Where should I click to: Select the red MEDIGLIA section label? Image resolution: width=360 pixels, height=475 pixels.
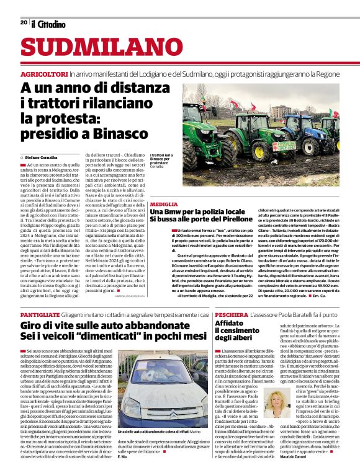tap(163, 204)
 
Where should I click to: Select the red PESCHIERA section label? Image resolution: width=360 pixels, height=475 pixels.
tap(232, 315)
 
